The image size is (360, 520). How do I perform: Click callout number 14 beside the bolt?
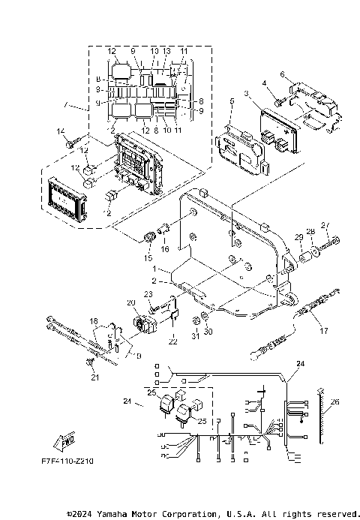(59, 132)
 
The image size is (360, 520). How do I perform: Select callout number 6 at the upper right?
(282, 74)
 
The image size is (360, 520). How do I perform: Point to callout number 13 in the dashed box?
(166, 51)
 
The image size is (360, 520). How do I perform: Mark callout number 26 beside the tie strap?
(335, 401)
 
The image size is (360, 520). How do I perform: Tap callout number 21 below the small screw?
(94, 377)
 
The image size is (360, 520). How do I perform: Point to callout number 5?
(232, 110)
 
